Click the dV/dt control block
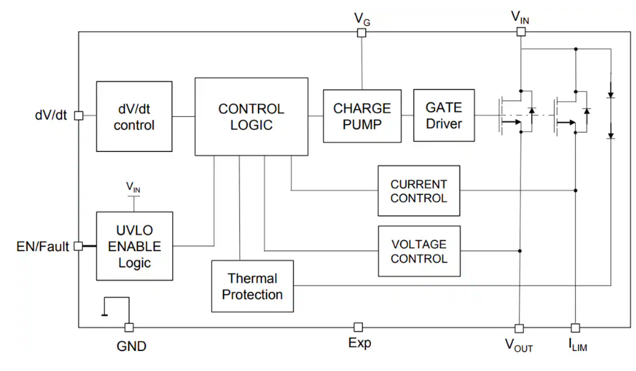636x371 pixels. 134,116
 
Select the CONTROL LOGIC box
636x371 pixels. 252,116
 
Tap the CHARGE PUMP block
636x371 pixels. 362,116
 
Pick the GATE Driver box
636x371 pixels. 444,116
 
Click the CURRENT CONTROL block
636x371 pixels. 419,190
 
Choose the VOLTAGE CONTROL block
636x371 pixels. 419,251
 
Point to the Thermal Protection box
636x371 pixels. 252,286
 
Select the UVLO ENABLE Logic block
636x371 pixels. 134,247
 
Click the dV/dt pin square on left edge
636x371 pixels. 79,116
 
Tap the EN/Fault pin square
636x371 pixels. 79,247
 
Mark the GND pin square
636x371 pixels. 129,327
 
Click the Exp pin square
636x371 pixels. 359,327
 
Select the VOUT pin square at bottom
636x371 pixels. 520,328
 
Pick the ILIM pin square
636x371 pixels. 575,328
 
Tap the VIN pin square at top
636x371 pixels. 520,31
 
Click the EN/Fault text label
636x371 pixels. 43,247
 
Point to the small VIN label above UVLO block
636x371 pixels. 134,187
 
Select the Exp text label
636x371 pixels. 359,343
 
